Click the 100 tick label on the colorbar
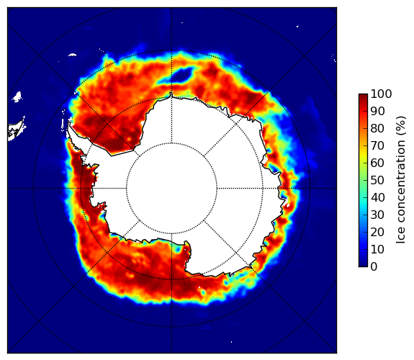click(x=381, y=94)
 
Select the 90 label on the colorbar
click(x=377, y=111)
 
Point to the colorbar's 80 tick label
click(x=377, y=129)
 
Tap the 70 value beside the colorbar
click(x=377, y=145)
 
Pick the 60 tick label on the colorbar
click(x=377, y=163)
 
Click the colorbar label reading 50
click(x=377, y=181)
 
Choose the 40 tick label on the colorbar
click(x=377, y=197)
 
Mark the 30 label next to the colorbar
click(x=377, y=215)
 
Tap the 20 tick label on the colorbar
click(x=377, y=232)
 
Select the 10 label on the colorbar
click(x=377, y=249)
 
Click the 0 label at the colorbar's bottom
click(x=374, y=267)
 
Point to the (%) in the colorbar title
click(x=401, y=126)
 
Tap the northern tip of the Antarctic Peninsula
click(x=69, y=123)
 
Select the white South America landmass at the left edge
click(x=17, y=130)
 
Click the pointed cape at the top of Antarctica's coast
click(x=171, y=93)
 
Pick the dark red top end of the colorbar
click(x=363, y=96)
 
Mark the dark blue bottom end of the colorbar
click(x=363, y=265)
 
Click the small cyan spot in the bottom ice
click(x=203, y=292)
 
